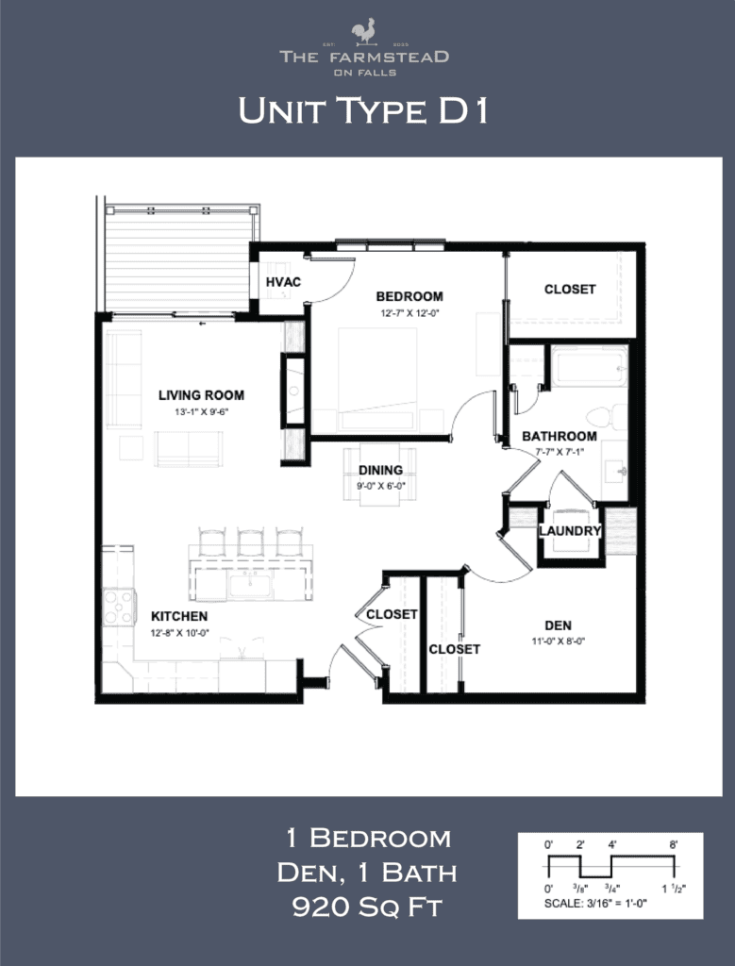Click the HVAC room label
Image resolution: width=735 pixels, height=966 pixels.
(282, 282)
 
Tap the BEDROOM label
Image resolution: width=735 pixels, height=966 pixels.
(409, 295)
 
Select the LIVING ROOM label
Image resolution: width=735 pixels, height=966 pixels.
(201, 395)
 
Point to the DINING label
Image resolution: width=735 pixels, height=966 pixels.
(380, 470)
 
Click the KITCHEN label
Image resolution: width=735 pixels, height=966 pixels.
(179, 616)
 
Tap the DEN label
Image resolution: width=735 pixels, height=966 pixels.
(558, 625)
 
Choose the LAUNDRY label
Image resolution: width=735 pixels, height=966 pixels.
(570, 531)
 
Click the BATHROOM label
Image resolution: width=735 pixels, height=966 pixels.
(560, 436)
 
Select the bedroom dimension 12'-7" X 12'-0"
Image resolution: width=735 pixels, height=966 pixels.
(409, 312)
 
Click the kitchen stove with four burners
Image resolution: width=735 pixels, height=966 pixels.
(119, 607)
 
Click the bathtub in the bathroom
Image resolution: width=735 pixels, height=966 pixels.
(591, 367)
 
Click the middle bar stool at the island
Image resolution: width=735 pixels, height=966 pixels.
(250, 542)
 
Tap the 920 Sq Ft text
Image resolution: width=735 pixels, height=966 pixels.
(368, 908)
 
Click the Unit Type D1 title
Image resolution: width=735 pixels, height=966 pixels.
(363, 111)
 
